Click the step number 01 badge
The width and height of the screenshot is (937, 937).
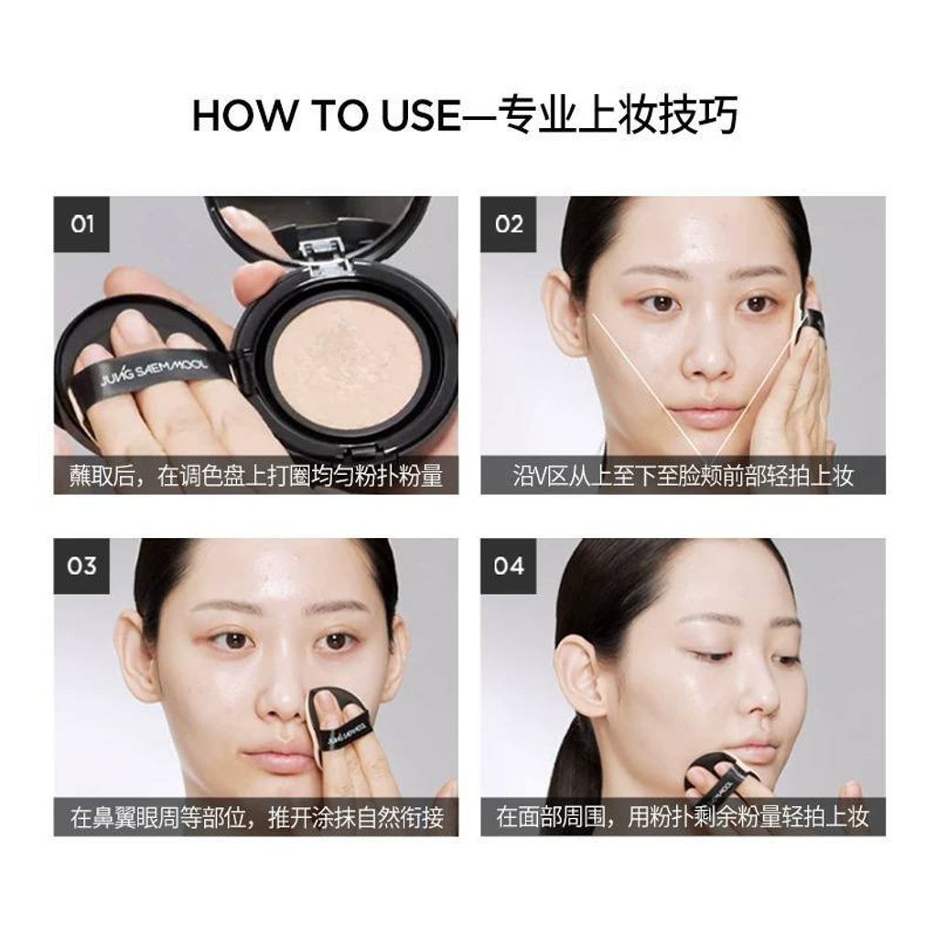81,225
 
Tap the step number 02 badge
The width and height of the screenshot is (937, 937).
509,225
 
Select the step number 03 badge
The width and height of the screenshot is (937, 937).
81,565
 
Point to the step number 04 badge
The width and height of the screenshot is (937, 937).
509,565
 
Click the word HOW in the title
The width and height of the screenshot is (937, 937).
243,115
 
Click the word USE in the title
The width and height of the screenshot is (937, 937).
420,115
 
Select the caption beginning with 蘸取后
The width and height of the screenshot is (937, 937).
256,476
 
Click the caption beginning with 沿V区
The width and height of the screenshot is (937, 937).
683,476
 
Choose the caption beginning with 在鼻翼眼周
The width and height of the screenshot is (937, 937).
257,817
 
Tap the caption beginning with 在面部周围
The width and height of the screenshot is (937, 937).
683,817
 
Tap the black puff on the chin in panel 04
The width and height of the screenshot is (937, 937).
720,774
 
